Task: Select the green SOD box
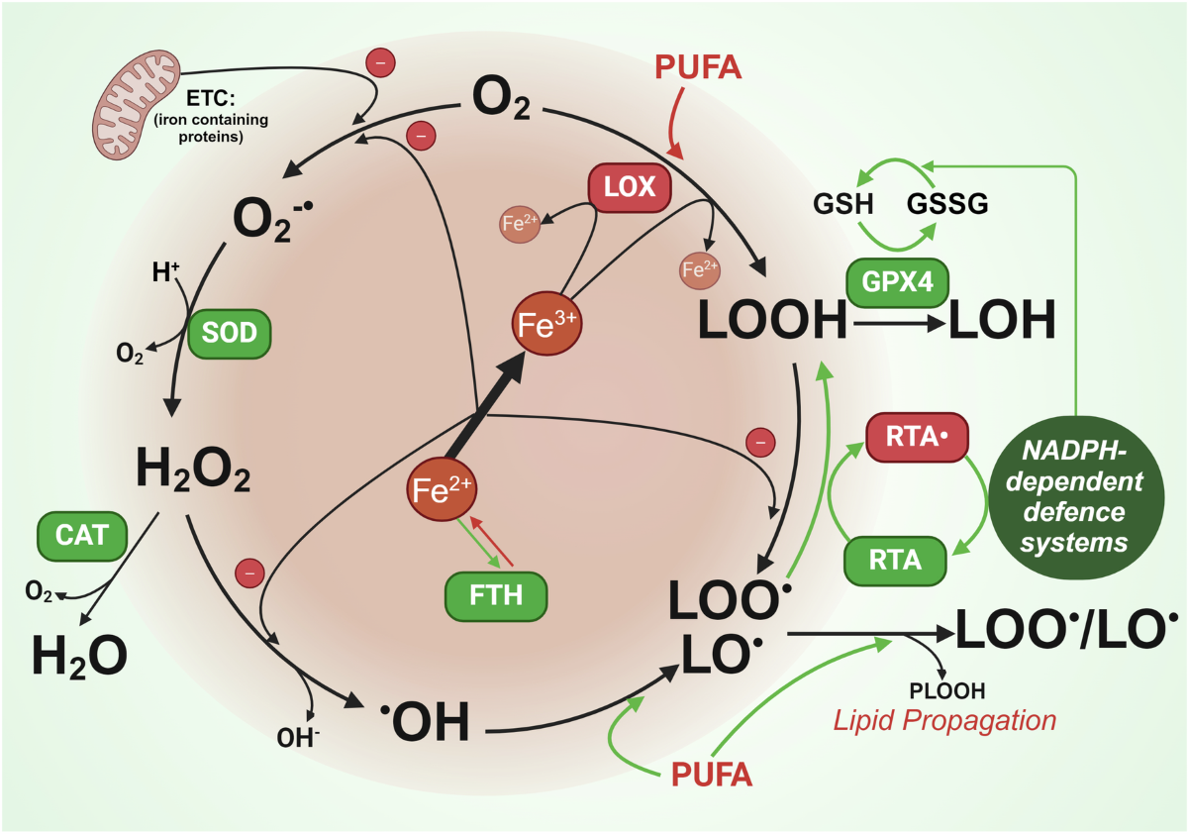point(230,333)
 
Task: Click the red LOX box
point(630,186)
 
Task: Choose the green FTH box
point(496,596)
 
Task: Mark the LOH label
point(1000,321)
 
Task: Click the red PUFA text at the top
point(699,68)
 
